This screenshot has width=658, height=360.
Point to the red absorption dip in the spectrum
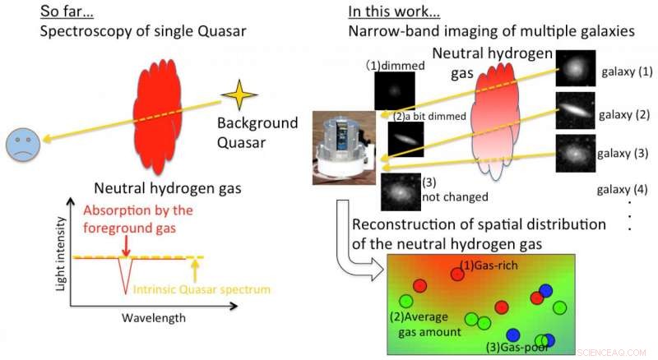pos(125,274)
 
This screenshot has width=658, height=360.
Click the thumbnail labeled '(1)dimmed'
pos(394,90)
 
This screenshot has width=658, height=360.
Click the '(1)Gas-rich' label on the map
pos(489,265)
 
